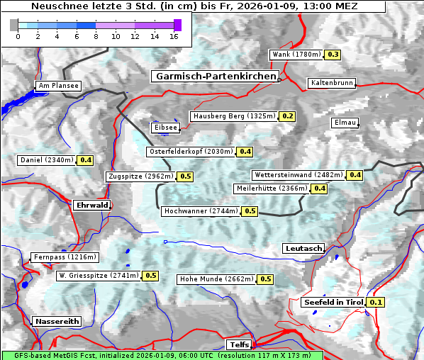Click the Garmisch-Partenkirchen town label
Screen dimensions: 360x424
tap(215, 76)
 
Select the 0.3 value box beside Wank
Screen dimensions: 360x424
tap(333, 55)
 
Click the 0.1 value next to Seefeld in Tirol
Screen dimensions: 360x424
tap(376, 303)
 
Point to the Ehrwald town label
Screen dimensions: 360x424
tap(91, 205)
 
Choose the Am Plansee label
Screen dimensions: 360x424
tap(58, 86)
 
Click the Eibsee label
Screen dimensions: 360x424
tap(165, 128)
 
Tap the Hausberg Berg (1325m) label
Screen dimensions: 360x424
tap(234, 116)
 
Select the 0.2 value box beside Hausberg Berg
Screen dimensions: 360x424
tap(287, 116)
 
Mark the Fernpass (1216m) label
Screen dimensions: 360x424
tap(65, 257)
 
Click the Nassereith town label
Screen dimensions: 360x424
tap(57, 321)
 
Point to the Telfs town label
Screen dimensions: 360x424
tap(238, 344)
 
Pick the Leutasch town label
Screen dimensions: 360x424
tap(303, 248)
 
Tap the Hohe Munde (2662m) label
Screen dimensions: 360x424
tap(216, 279)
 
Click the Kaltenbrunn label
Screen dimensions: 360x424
tap(331, 83)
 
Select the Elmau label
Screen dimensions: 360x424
tap(345, 123)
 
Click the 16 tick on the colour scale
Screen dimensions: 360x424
tap(173, 37)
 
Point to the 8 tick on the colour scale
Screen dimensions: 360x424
tap(96, 37)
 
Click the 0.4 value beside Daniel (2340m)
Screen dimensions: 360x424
tap(86, 160)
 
